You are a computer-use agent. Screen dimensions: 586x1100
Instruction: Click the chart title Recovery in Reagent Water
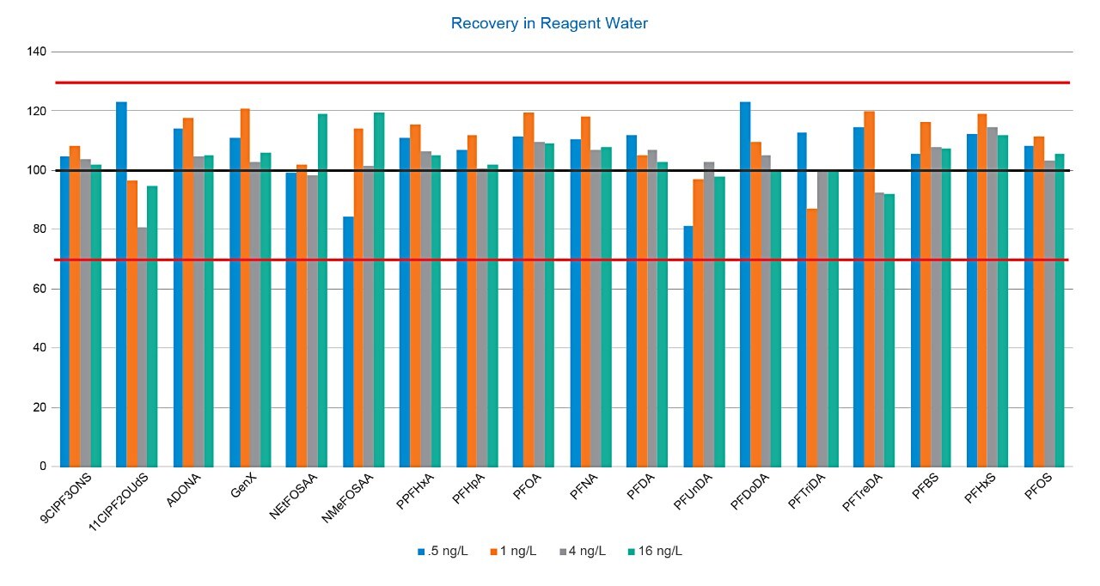(549, 23)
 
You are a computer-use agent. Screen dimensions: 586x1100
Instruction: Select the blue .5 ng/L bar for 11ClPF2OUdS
(121, 284)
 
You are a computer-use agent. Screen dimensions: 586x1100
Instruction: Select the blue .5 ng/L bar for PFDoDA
(745, 284)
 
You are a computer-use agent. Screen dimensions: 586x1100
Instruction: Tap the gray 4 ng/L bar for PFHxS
(993, 296)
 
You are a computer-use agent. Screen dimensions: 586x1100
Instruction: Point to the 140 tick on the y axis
(38, 52)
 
